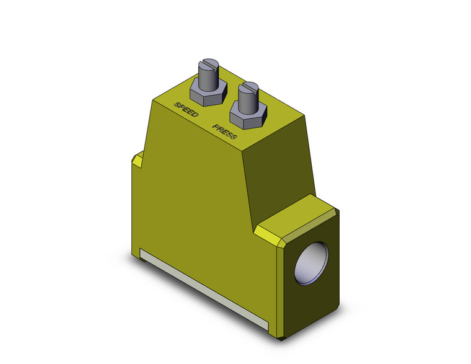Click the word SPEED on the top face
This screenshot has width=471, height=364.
187,110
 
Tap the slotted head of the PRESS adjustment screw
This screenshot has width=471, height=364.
248,87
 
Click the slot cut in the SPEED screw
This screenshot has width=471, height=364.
209,64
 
